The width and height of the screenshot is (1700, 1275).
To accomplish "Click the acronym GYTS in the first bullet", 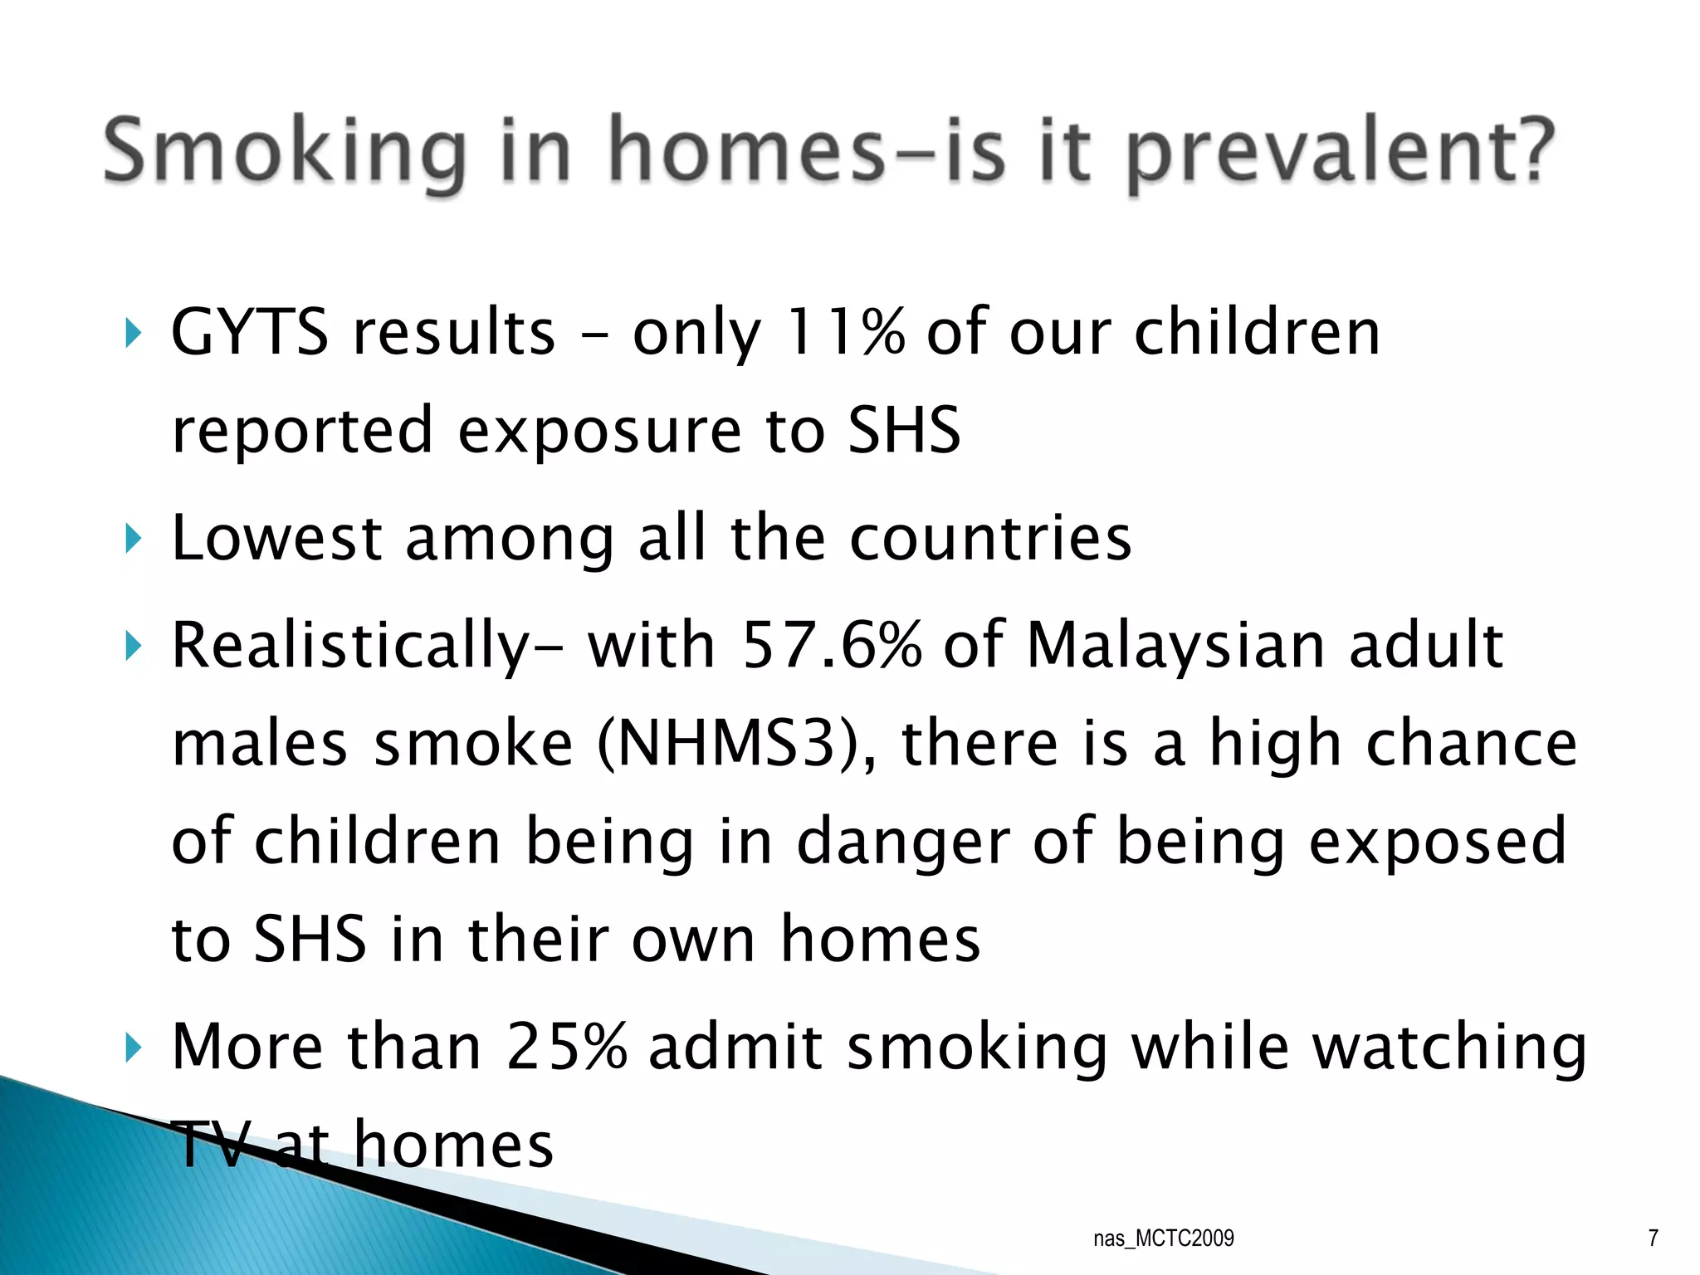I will (x=249, y=333).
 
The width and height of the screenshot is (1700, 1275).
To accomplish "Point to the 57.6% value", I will (x=831, y=645).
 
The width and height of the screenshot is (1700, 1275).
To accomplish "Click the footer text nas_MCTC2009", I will (x=1163, y=1238).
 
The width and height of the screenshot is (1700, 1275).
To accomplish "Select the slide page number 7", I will (x=1653, y=1238).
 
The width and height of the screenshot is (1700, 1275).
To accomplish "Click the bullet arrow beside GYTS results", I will (x=132, y=334).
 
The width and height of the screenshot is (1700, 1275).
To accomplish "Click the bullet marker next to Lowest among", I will (x=132, y=540).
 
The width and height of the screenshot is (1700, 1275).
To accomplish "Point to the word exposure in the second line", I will (x=598, y=431).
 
